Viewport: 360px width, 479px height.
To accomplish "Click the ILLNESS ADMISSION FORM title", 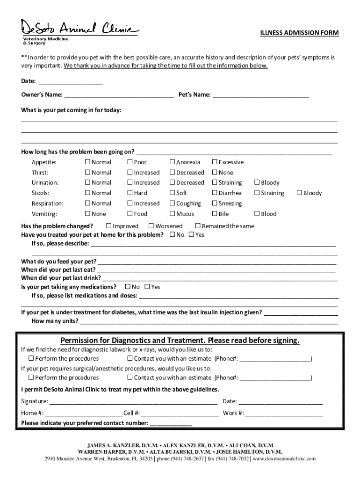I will point(299,33).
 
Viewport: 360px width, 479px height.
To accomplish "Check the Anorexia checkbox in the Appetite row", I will point(172,162).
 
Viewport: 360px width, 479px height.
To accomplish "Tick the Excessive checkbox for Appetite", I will point(215,162).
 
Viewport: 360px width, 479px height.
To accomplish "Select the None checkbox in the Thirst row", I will point(215,173).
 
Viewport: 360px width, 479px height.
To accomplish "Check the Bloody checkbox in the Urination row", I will point(257,183).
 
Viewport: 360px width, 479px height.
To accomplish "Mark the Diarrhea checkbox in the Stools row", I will point(215,193).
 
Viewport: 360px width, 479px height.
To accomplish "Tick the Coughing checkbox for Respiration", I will point(172,203).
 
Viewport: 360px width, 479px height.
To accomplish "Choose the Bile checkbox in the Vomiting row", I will point(215,214).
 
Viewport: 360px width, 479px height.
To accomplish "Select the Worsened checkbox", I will point(151,226).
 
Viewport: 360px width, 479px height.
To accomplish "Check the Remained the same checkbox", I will point(198,226).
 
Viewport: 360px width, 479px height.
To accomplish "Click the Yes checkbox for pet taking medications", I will point(147,287).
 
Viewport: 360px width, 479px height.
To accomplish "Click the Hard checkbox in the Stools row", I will point(130,193).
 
